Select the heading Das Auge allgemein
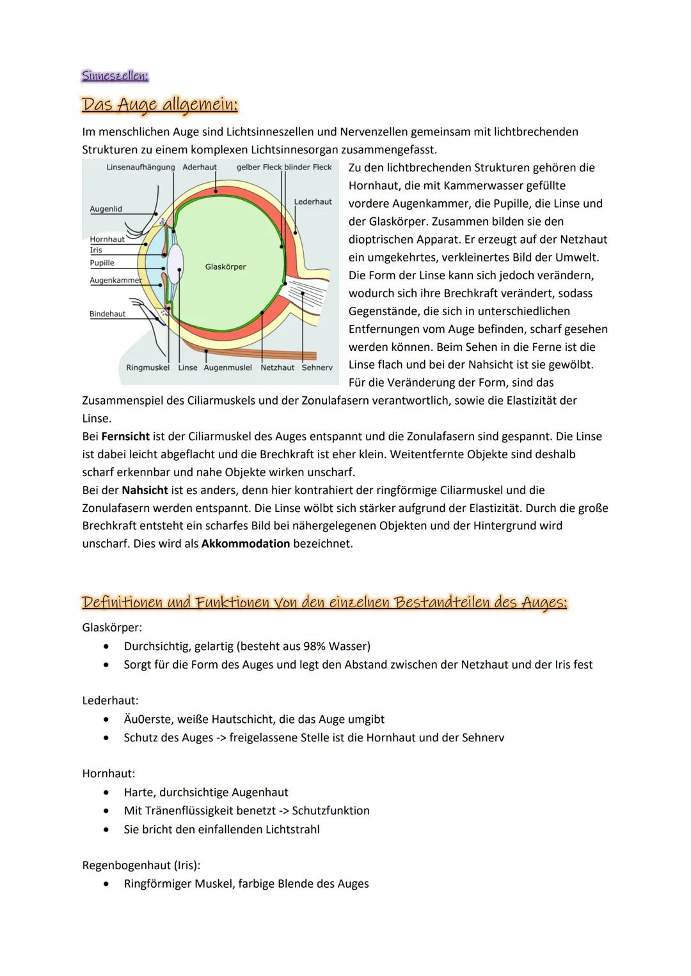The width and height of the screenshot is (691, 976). tap(159, 104)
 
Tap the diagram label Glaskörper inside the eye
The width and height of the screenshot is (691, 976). tap(225, 267)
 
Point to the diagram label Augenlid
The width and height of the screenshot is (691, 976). tap(106, 209)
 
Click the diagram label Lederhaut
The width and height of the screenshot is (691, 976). tap(313, 202)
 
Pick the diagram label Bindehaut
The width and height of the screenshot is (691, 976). tap(107, 314)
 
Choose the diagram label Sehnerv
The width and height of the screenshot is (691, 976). tap(317, 368)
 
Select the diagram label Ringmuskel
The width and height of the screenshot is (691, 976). tap(148, 368)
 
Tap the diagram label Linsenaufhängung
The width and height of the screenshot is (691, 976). tap(140, 167)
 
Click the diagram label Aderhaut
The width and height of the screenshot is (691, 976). tap(200, 167)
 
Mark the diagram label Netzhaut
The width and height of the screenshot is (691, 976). tap(277, 368)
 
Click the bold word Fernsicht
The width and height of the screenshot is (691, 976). tap(125, 437)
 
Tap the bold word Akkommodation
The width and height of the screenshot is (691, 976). tap(245, 544)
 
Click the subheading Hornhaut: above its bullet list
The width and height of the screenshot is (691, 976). tap(109, 773)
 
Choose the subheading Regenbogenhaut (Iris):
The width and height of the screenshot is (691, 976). tap(141, 865)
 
